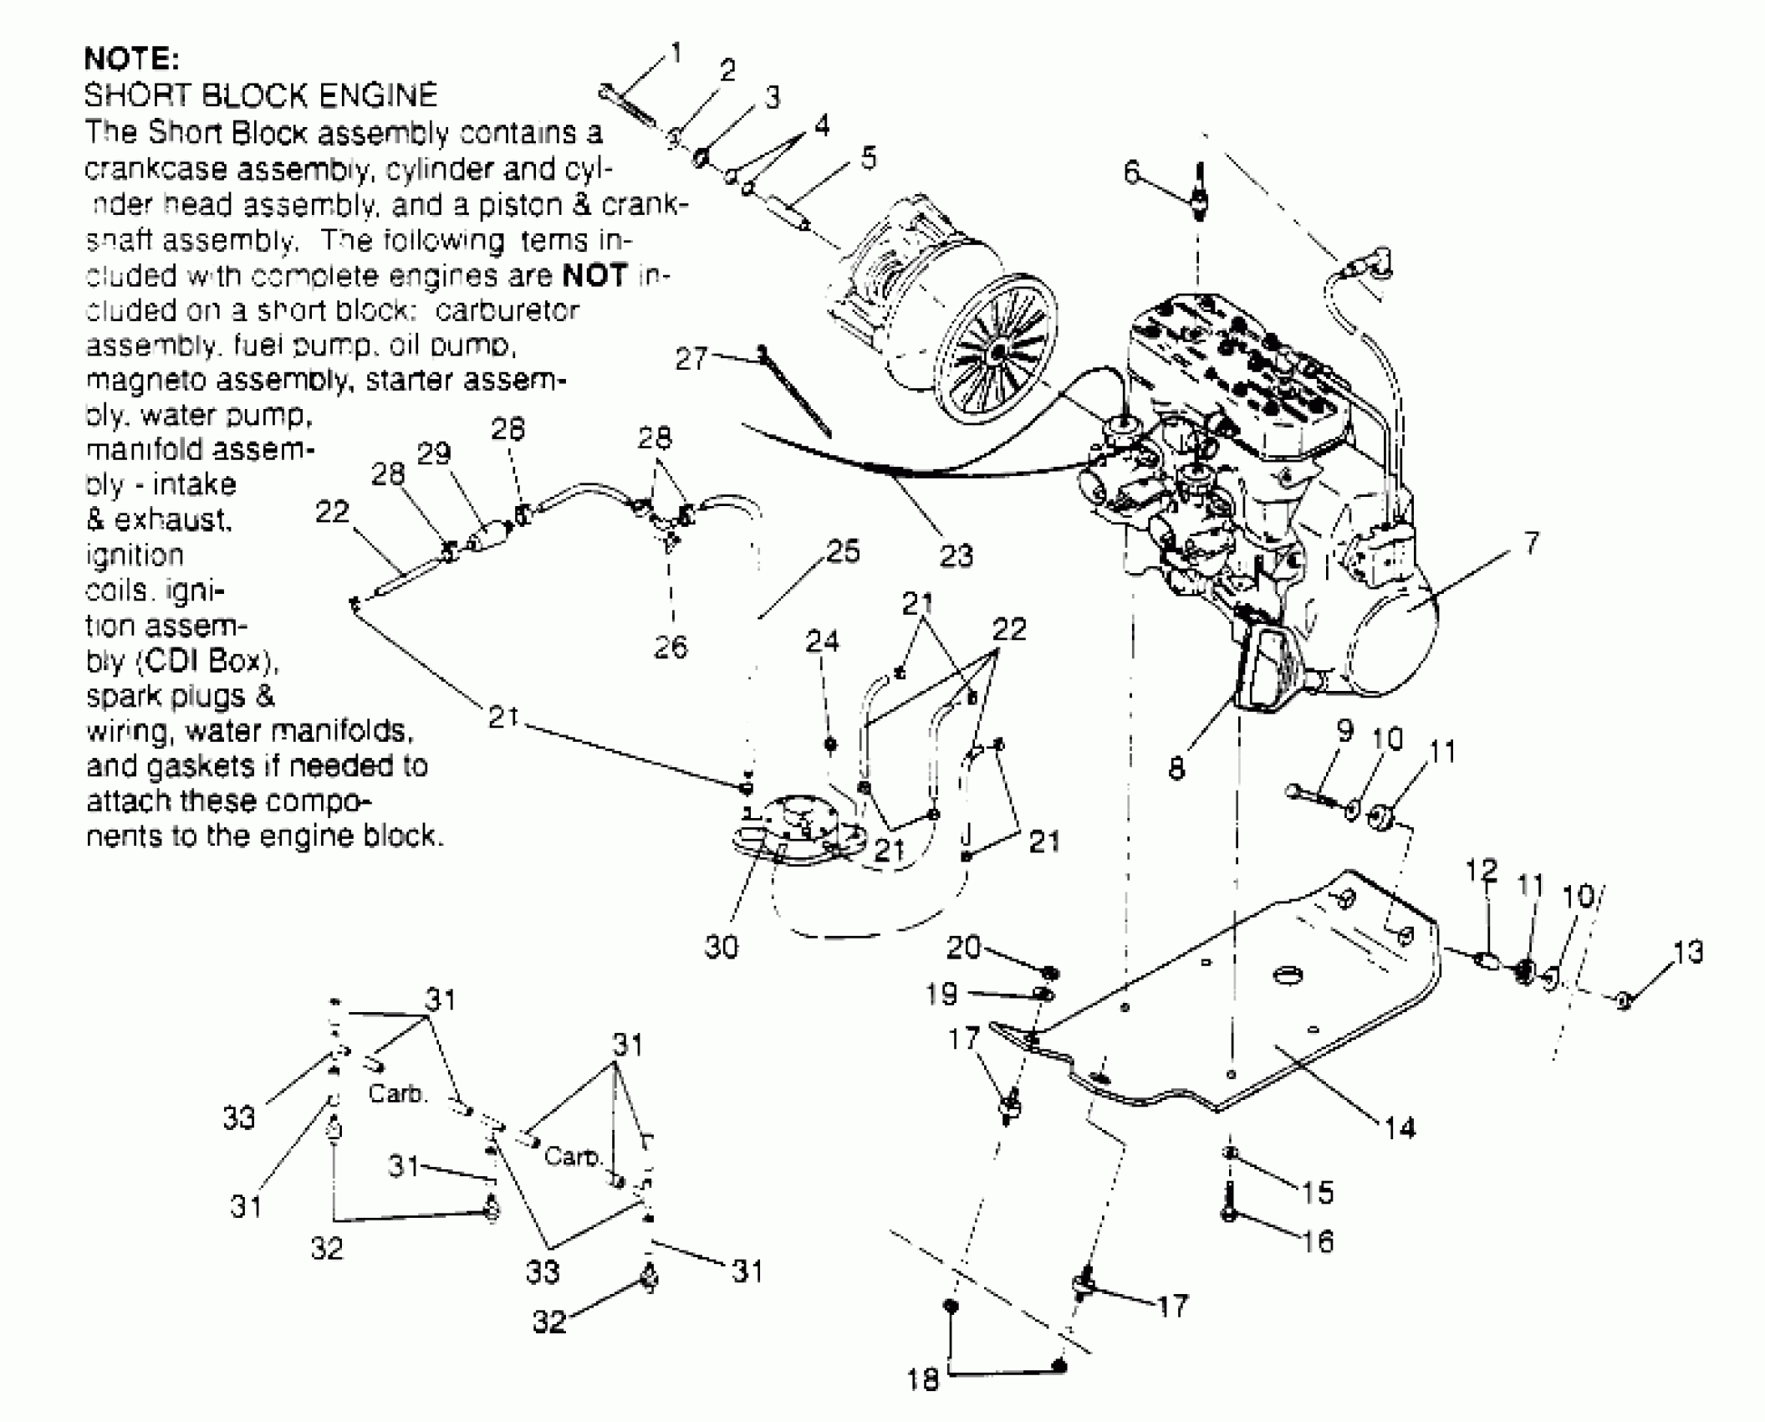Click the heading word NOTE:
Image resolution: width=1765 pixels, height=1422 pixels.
click(132, 59)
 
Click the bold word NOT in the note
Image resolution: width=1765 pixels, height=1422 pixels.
click(594, 275)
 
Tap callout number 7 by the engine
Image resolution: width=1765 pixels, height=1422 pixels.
click(1530, 544)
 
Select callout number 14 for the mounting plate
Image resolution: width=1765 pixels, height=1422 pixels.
click(1400, 1128)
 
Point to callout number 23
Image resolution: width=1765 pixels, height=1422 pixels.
click(956, 555)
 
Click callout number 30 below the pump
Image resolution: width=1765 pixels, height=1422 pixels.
click(721, 947)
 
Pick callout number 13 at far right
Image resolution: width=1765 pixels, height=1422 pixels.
click(1688, 952)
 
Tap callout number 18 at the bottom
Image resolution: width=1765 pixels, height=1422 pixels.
click(923, 1379)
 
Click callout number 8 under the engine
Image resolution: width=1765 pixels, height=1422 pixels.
click(1176, 768)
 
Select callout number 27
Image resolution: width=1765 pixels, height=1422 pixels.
click(691, 359)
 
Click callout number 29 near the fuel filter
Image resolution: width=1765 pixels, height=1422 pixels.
click(434, 453)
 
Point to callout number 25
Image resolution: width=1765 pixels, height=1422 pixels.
click(843, 551)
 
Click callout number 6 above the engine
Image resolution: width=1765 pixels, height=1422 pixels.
click(1131, 173)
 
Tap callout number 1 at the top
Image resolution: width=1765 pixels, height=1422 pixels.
click(676, 53)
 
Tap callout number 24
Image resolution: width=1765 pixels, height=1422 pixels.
click(822, 642)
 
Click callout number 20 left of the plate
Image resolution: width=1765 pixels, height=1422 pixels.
click(963, 947)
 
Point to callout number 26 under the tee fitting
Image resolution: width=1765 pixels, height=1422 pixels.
click(671, 647)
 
